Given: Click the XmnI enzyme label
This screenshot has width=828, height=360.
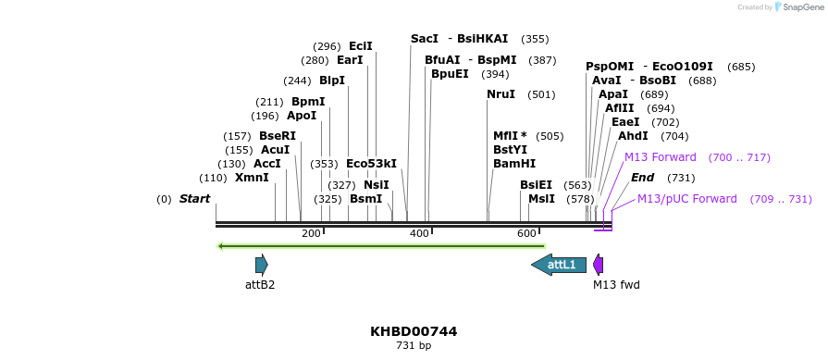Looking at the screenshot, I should click(x=252, y=178).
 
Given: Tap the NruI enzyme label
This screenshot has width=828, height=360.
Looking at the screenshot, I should click(x=502, y=94).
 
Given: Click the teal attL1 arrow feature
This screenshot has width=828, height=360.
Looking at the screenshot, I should click(x=559, y=265).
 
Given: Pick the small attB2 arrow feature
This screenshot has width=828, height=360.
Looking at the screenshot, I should click(x=262, y=265).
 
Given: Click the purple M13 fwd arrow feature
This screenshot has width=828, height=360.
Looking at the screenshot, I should click(x=599, y=265).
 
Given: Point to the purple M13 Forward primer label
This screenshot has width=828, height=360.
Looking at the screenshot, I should click(x=660, y=157).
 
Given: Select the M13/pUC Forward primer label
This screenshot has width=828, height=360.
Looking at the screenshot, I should click(x=686, y=199).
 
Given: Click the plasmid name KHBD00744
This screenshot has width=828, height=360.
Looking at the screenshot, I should click(x=414, y=331).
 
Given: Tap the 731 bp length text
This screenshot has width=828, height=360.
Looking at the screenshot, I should click(x=414, y=346).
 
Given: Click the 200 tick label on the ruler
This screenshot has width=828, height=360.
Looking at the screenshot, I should click(x=311, y=233).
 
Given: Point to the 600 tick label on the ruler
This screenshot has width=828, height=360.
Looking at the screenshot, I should click(x=527, y=233).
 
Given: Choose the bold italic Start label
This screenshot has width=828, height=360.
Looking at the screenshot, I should click(x=194, y=199).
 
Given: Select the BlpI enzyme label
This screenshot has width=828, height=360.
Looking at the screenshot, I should click(x=332, y=81).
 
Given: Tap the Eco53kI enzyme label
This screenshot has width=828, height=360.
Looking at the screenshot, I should click(x=371, y=164).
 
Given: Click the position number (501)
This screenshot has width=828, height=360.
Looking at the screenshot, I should click(x=541, y=94).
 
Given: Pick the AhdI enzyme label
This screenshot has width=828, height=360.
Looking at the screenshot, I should click(x=633, y=136).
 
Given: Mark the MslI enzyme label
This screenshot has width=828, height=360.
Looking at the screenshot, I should click(x=541, y=199).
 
